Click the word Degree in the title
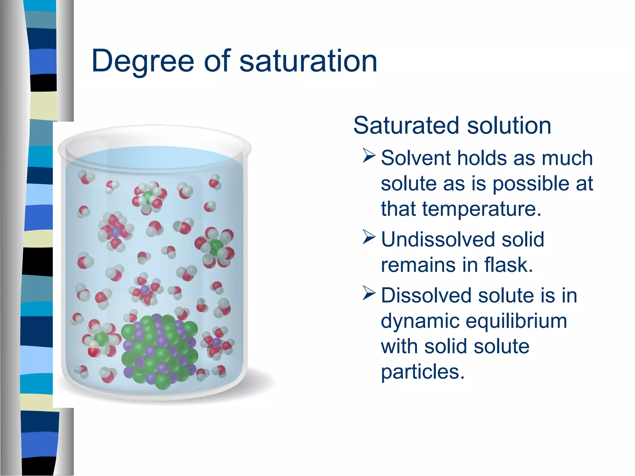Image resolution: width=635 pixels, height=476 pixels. (x=143, y=61)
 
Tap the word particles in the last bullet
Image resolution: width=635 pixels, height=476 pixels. (x=422, y=372)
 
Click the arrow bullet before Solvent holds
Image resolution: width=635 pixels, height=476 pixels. (x=369, y=156)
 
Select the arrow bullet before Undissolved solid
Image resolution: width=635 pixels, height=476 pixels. (x=369, y=237)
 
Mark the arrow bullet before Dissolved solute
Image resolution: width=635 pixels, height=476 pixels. (x=369, y=293)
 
